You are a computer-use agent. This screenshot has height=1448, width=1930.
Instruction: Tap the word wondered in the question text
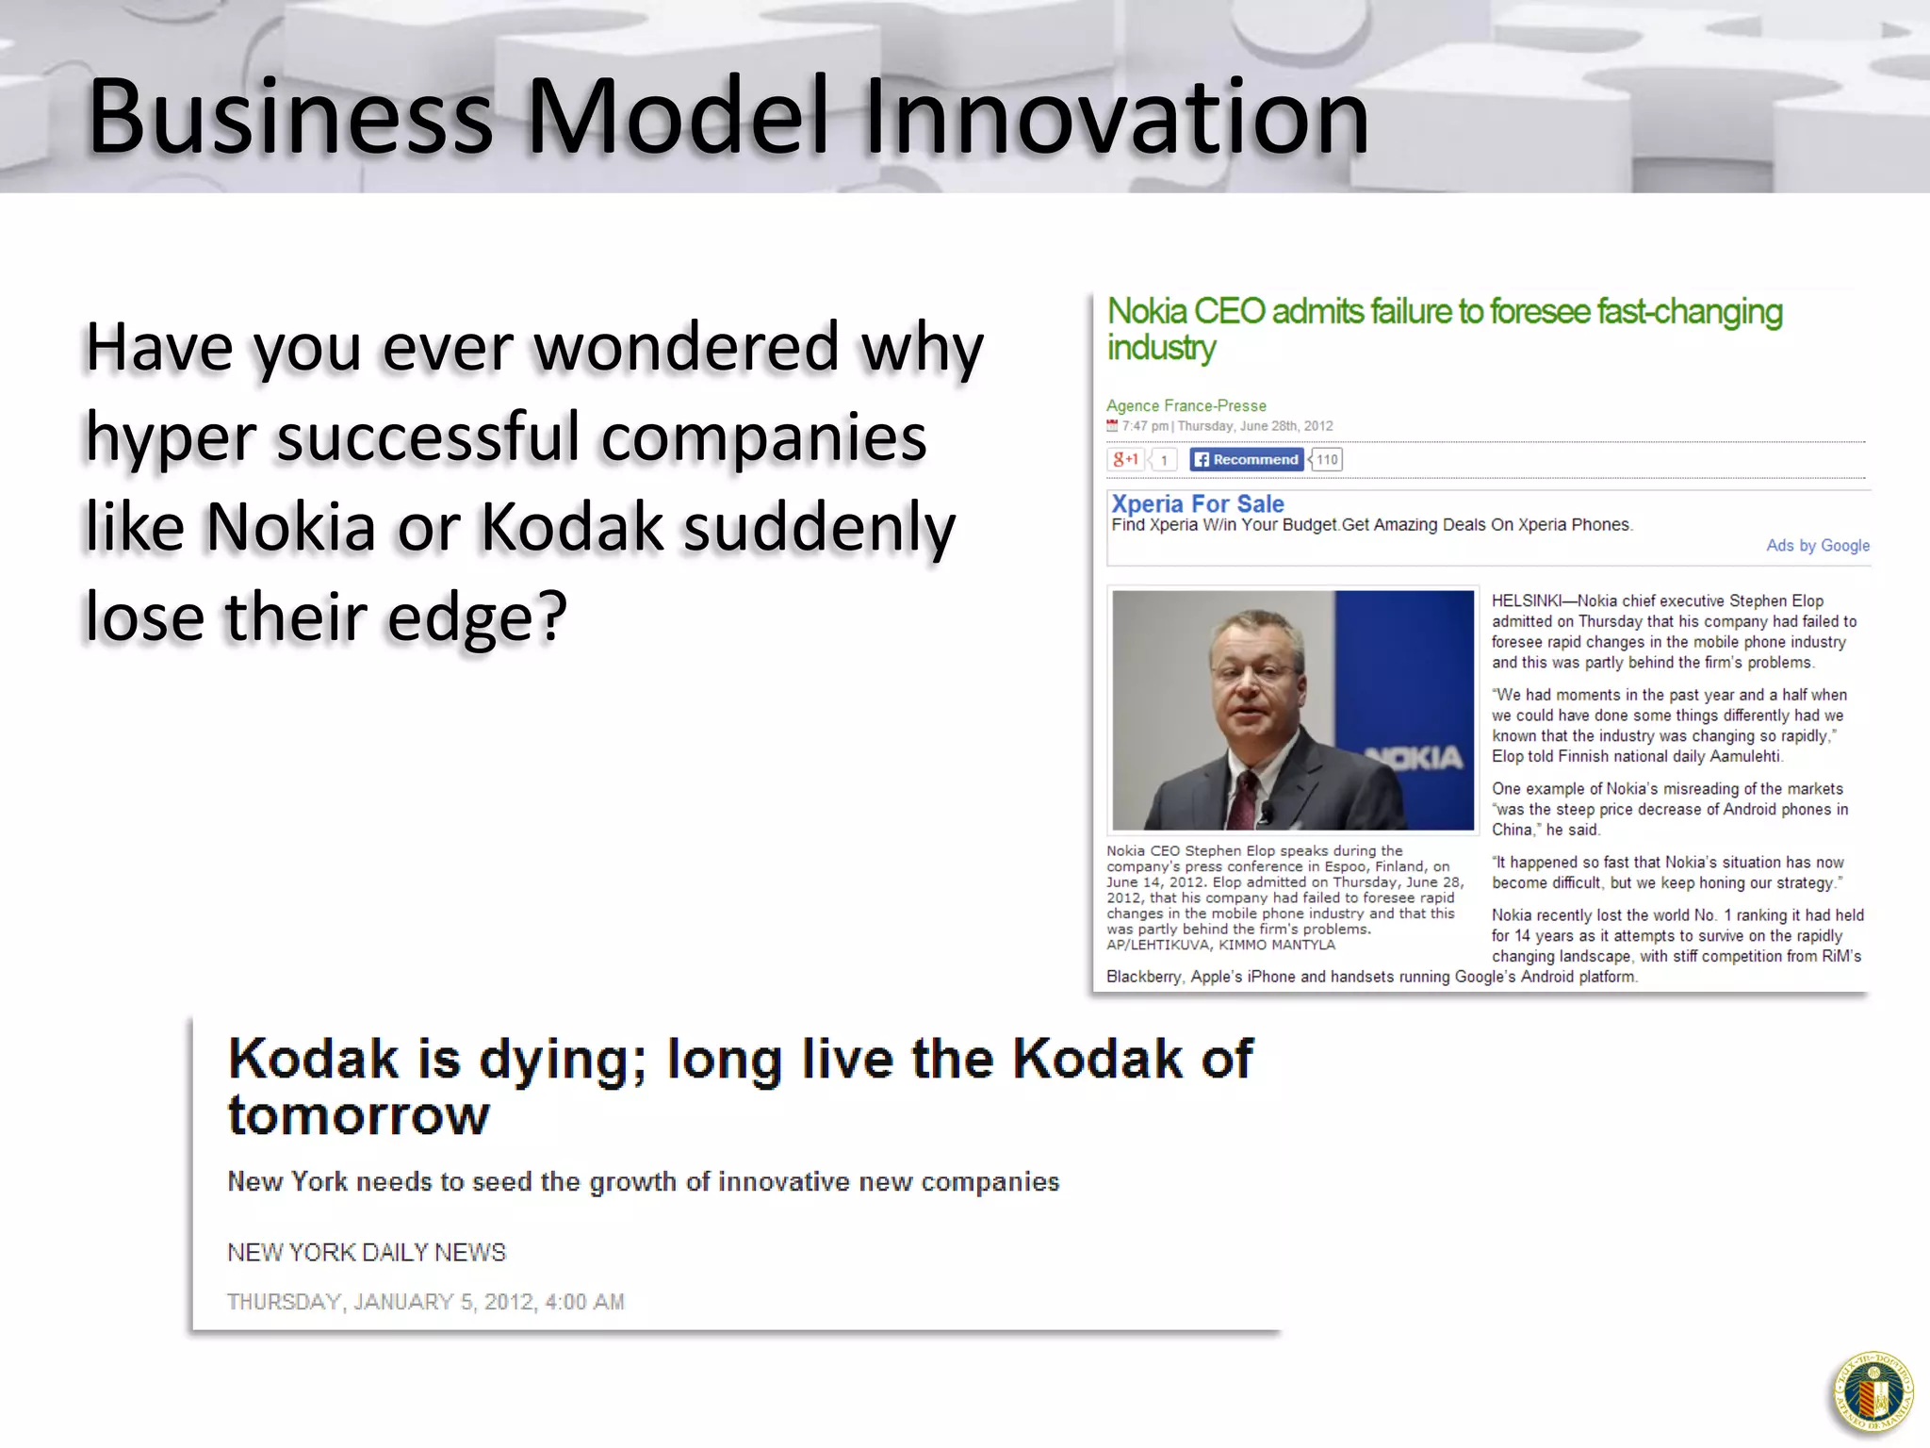tap(686, 347)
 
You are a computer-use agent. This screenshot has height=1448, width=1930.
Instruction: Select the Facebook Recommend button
tap(1246, 459)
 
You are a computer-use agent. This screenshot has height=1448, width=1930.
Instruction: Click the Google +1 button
tap(1125, 459)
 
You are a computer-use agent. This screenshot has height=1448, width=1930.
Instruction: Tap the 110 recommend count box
tap(1327, 459)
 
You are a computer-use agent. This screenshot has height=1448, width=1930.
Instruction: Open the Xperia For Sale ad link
tap(1197, 503)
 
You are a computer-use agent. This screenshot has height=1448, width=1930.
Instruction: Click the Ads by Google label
tap(1817, 545)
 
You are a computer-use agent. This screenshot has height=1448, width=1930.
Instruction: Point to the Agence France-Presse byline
tap(1186, 405)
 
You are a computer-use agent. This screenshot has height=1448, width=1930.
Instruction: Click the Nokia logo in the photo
tap(1414, 757)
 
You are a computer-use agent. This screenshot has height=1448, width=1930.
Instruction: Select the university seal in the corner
tap(1873, 1392)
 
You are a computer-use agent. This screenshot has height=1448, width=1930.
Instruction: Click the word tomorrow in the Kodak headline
tap(358, 1116)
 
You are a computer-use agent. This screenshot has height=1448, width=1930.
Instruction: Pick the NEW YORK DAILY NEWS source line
tap(366, 1252)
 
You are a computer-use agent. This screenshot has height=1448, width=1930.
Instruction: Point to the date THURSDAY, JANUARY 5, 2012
tap(425, 1302)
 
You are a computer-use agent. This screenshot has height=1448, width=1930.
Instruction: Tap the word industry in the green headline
tap(1161, 348)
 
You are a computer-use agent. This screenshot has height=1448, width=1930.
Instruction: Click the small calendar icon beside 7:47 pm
tap(1112, 425)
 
